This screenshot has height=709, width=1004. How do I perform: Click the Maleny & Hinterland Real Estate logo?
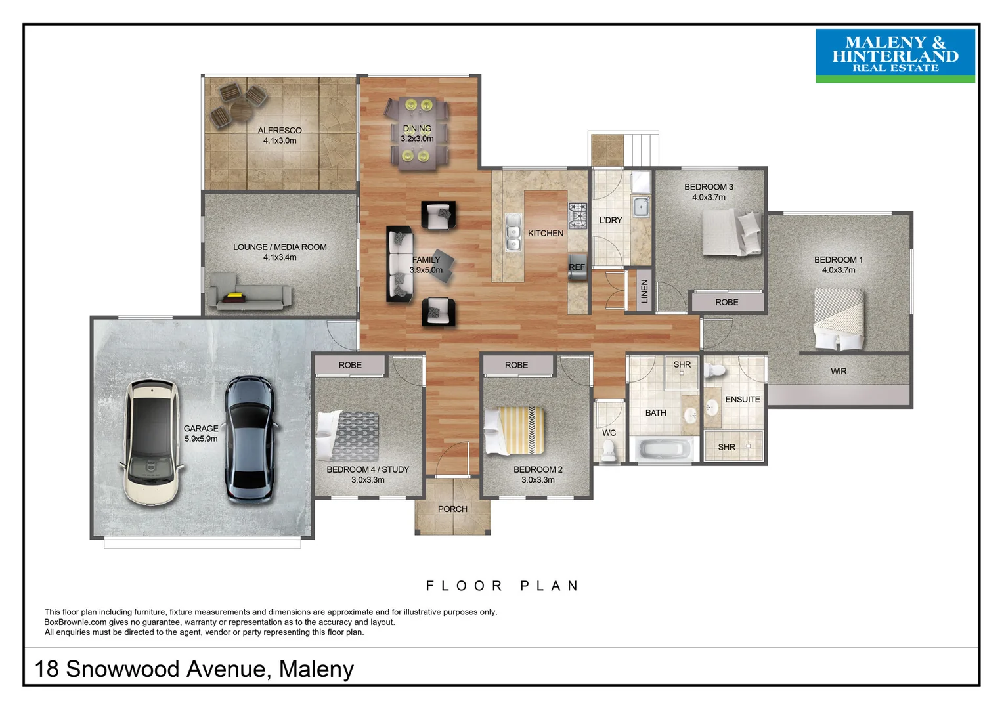coord(895,56)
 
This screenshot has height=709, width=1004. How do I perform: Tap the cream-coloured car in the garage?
coord(152,442)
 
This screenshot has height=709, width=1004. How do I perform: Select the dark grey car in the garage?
coord(250,440)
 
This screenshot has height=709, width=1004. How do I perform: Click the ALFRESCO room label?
coord(279,131)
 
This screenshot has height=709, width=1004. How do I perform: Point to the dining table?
coord(417,133)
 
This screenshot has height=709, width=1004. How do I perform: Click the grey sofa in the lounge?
coord(250,291)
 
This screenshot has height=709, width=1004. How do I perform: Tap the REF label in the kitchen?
coord(577,267)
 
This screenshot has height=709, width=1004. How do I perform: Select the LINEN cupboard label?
coord(644,291)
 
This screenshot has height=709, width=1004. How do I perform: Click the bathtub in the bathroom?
coord(665,448)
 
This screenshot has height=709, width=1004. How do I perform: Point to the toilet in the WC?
coord(608,450)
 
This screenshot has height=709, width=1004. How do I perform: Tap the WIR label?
coord(838,371)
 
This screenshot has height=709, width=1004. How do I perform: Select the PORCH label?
coord(452,509)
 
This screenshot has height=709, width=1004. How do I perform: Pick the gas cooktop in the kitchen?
coord(578,215)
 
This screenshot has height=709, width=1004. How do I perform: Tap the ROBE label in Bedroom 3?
coord(726,302)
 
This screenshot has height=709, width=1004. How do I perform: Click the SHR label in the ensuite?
coord(726,447)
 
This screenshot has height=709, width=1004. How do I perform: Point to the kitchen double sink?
coord(513,232)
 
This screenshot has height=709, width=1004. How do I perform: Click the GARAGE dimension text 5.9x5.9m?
coord(201,439)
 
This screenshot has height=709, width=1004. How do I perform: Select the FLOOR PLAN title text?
coord(503,586)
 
